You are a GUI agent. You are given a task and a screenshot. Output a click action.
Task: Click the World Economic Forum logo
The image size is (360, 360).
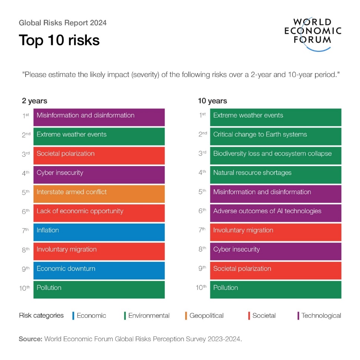point(312,34)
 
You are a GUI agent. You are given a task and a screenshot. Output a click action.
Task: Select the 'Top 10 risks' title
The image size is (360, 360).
point(59,40)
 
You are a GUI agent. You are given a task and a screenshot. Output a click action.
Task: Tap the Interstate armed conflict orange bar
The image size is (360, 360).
point(99,194)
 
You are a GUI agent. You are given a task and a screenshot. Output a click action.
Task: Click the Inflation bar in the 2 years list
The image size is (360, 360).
point(99,232)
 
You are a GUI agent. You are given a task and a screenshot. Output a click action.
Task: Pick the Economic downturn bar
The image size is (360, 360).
point(99,270)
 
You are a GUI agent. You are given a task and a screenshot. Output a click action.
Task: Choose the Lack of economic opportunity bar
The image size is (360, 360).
point(99,213)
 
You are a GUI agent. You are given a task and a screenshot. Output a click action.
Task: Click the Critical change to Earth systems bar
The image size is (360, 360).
point(275,136)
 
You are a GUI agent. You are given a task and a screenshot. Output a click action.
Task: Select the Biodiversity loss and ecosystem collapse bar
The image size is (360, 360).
point(275,155)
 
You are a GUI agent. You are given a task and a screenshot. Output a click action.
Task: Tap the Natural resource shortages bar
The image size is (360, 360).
point(275,175)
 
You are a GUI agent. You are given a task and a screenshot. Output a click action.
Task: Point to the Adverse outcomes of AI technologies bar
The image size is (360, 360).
point(275,213)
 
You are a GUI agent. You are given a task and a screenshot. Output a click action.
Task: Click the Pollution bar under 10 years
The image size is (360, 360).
point(275,290)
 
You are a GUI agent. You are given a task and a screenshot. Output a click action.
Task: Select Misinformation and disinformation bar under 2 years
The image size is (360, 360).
point(99,117)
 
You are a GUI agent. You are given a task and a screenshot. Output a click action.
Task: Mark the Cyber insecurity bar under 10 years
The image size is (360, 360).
point(275,251)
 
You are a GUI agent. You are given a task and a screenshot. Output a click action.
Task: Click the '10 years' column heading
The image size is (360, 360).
point(212,101)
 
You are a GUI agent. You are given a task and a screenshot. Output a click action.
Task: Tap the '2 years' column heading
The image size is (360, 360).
point(35,101)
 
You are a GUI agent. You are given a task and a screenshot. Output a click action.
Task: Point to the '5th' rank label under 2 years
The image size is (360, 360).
point(25,192)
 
